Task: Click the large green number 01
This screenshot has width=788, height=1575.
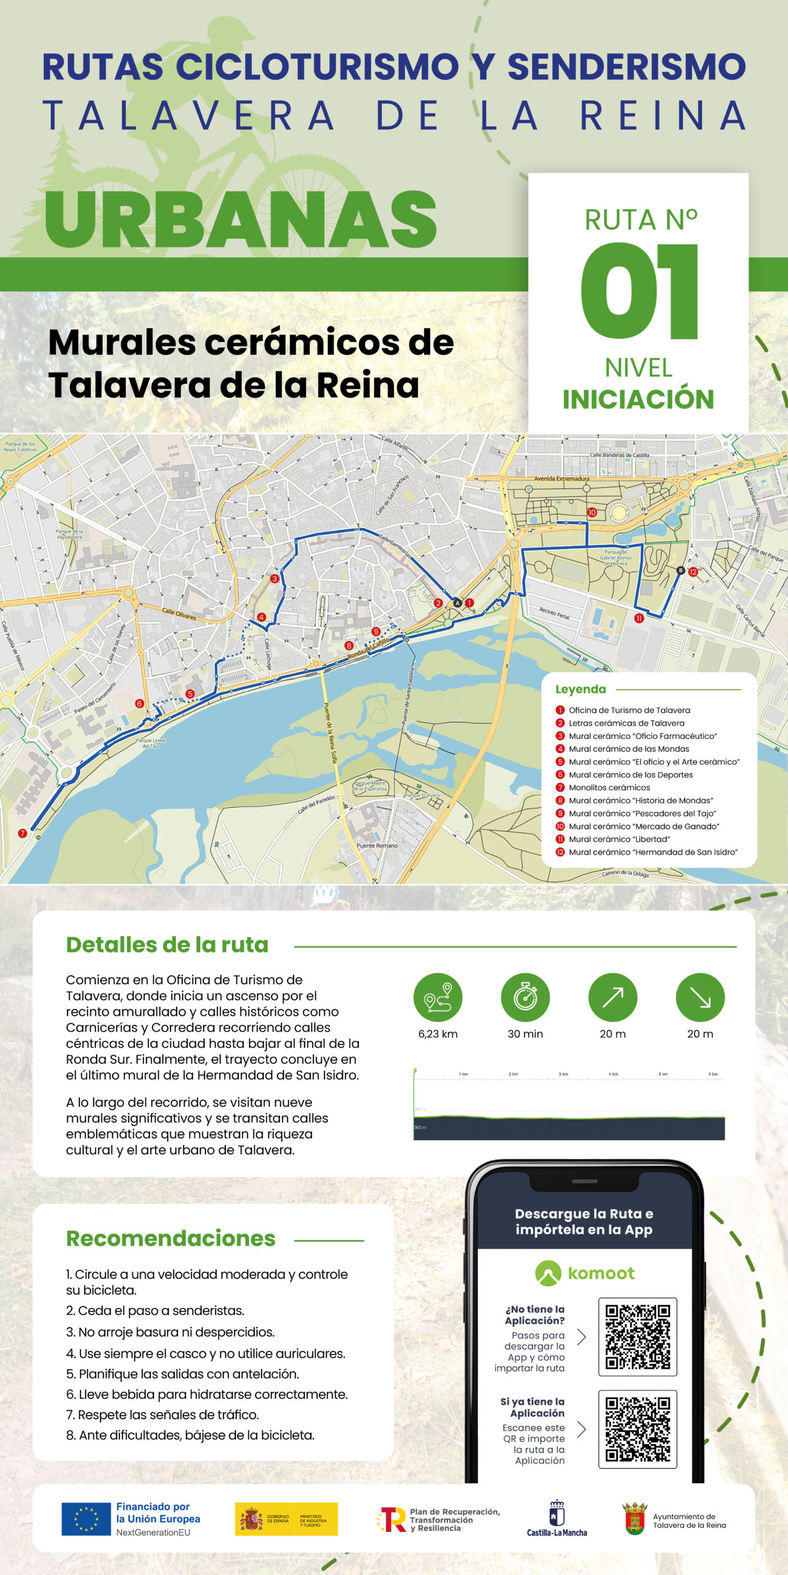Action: (638, 290)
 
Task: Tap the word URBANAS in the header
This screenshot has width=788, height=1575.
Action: (240, 219)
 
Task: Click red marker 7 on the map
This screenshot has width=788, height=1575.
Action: (23, 833)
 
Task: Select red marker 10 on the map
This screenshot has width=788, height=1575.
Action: (592, 512)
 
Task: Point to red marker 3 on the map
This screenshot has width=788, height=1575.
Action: (275, 578)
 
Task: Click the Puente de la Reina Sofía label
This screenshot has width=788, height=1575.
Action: (331, 732)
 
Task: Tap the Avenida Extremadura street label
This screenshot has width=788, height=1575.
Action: (561, 478)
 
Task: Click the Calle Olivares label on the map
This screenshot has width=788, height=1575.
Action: (179, 613)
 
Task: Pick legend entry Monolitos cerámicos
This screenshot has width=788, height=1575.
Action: (609, 787)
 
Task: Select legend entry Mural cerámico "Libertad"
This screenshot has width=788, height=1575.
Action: (619, 839)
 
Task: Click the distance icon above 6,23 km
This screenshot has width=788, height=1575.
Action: (438, 997)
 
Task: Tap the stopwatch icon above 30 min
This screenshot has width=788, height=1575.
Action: (525, 997)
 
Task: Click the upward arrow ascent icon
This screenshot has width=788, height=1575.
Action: (613, 997)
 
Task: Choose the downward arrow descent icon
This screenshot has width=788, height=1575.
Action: (700, 997)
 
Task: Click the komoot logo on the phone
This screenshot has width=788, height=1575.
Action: (584, 1273)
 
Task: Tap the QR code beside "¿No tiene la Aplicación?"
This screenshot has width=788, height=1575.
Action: (637, 1336)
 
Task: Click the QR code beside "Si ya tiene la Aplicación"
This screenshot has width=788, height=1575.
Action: (637, 1429)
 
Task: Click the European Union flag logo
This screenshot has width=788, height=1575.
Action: (86, 1518)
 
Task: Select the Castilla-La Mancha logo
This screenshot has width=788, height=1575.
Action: (557, 1518)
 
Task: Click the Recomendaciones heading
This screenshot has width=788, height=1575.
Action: (171, 1238)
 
